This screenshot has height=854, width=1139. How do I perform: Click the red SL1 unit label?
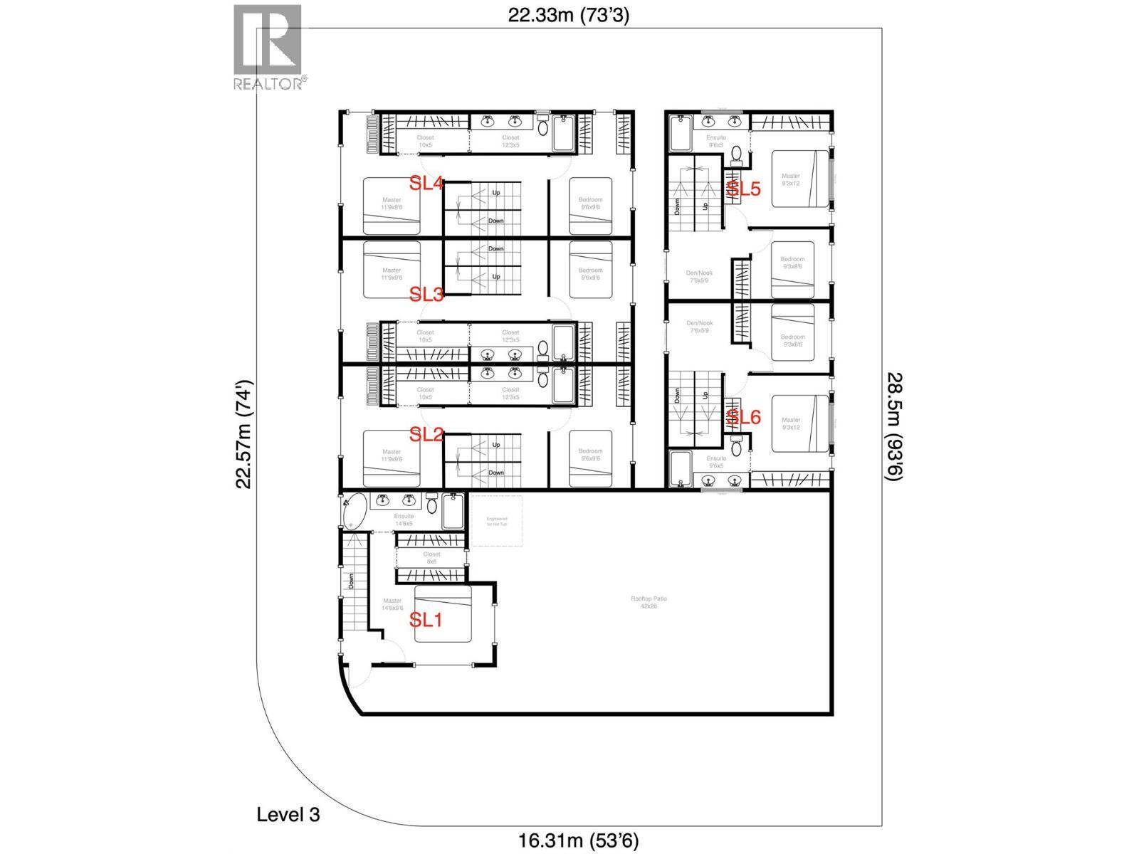426,620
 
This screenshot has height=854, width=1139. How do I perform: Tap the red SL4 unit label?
426,184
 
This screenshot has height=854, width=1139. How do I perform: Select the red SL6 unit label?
743,418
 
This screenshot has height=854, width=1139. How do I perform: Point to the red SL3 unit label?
426,294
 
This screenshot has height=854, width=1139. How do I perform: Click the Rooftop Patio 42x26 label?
649,603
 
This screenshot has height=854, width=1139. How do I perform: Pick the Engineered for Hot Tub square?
497,521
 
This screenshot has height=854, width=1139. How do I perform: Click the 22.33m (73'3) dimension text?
568,16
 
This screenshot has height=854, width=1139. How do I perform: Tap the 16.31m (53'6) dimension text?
574,841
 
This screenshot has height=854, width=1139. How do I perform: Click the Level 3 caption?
288,815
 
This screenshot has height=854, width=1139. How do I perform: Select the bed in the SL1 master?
443,614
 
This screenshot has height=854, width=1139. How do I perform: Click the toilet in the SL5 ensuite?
737,153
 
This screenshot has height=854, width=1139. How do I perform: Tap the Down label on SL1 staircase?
351,581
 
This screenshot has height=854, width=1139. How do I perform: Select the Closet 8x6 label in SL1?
431,557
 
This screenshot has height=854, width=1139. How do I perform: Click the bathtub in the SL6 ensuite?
681,469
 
